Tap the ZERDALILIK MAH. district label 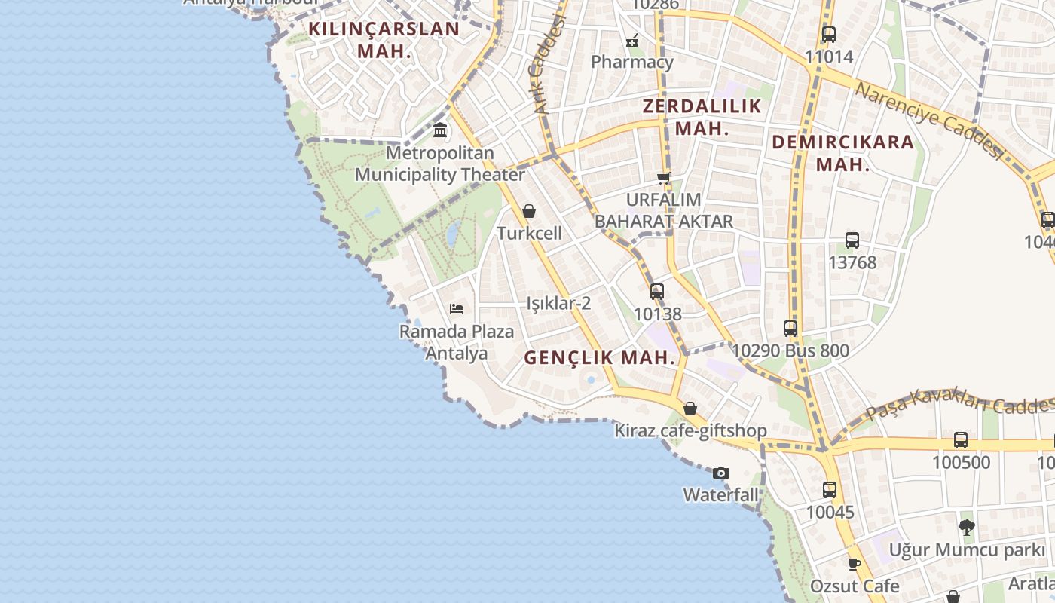(702, 117)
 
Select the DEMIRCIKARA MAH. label (842, 152)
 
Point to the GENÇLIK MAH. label (600, 358)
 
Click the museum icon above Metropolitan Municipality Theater (440, 130)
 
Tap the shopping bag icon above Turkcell (529, 212)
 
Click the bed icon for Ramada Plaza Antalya (457, 309)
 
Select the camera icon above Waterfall (721, 473)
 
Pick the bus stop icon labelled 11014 (829, 35)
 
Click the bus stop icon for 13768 (852, 240)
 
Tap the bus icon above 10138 (657, 292)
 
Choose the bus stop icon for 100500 (961, 440)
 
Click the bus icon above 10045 (830, 490)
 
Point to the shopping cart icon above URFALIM (663, 179)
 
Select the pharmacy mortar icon (633, 40)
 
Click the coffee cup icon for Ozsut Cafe (855, 564)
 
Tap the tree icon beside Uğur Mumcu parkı (967, 528)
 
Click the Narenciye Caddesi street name (931, 119)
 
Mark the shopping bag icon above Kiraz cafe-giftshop (690, 409)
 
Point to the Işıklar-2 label (558, 304)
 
